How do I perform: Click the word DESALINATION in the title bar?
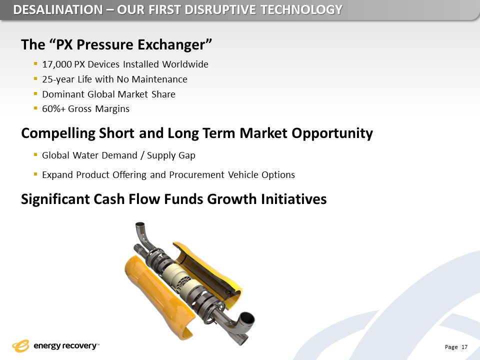pos(58,10)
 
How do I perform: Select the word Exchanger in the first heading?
pos(174,44)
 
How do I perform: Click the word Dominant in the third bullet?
pos(63,94)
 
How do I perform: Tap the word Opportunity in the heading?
pos(332,133)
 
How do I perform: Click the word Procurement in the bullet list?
pos(197,175)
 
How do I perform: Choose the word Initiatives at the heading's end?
pos(293,199)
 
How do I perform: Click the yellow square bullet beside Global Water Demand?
pos(35,155)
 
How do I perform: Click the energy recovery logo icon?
pos(20,346)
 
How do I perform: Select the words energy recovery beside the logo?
pos(65,346)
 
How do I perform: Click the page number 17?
pos(464,347)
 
